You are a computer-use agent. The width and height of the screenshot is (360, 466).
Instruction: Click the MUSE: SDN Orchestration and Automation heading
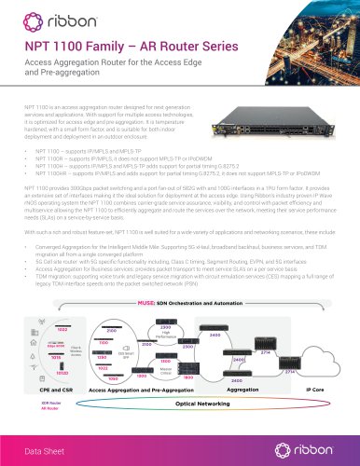tap(179, 303)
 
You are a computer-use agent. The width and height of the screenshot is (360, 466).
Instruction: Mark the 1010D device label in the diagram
tap(40, 373)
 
